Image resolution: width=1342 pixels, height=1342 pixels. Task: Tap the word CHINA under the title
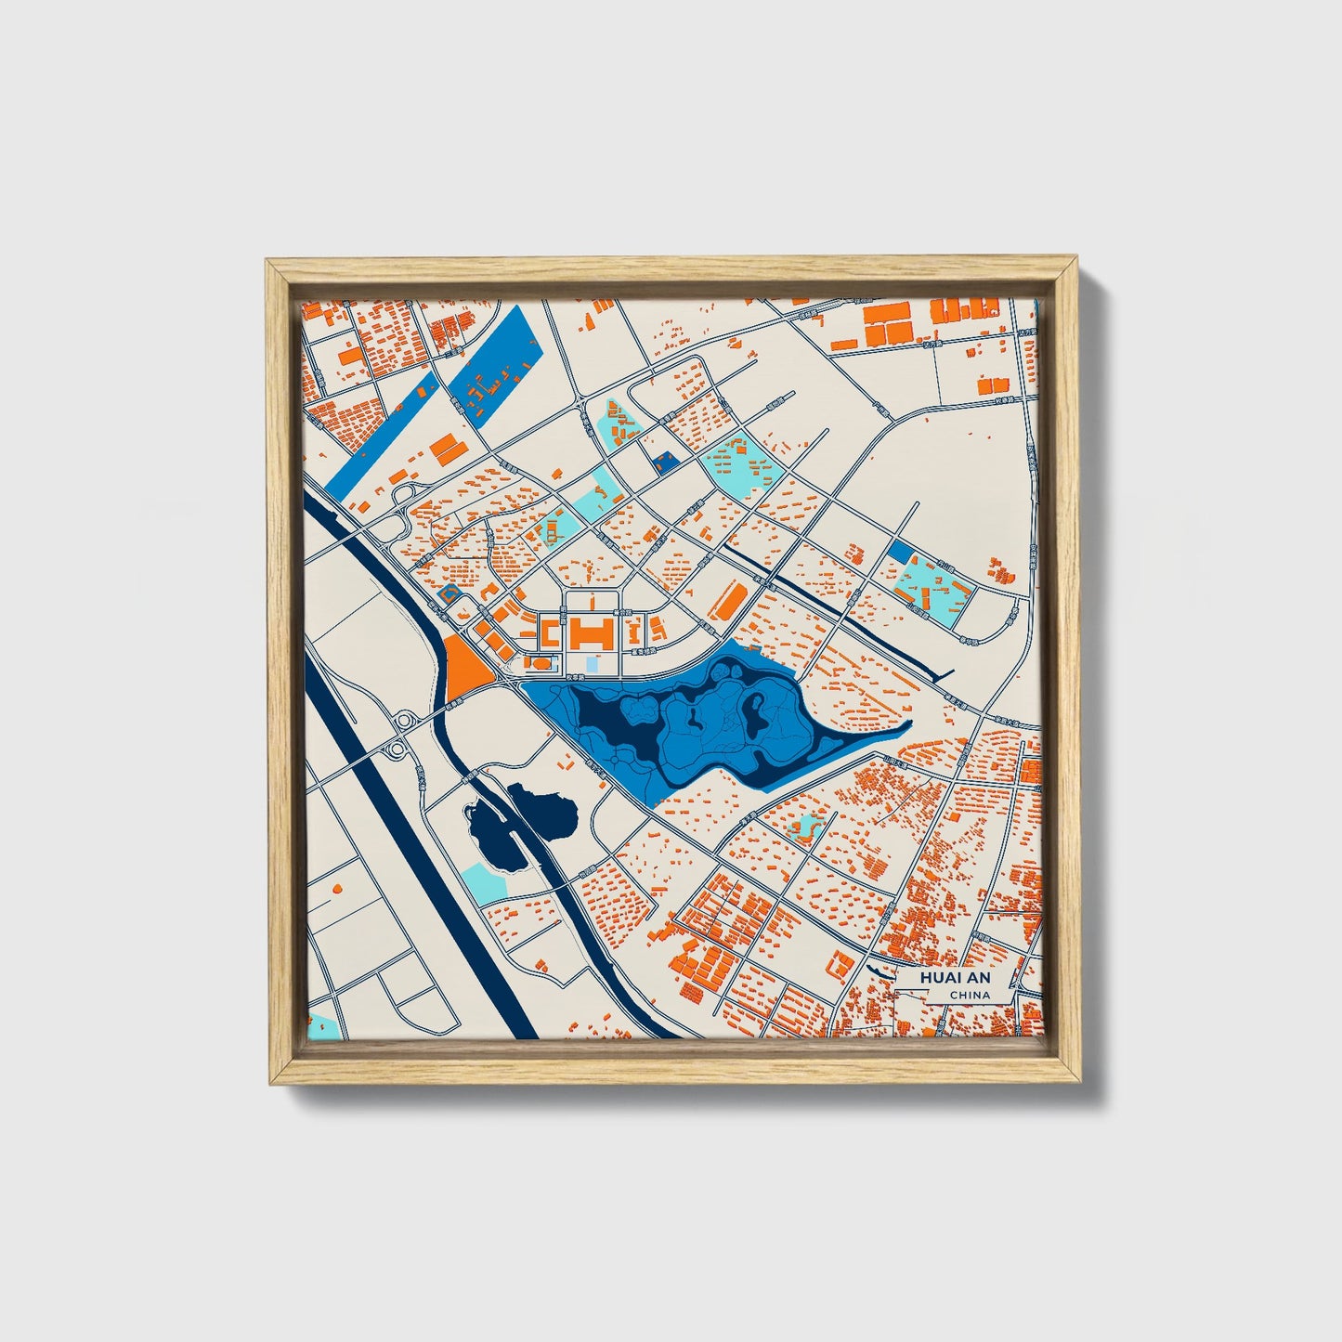click(x=970, y=996)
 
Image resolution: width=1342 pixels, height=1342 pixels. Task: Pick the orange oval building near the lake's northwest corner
click(x=539, y=663)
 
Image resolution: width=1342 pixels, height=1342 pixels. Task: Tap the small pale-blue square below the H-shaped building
click(x=592, y=665)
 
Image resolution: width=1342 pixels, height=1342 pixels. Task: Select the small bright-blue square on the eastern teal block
click(x=899, y=551)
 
